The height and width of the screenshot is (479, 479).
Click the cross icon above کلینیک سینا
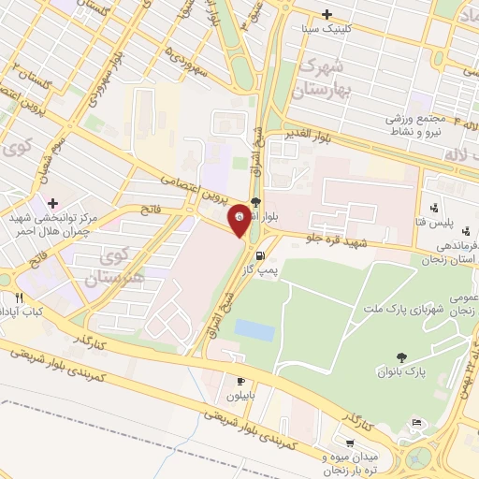326,14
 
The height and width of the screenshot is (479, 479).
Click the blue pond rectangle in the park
254,329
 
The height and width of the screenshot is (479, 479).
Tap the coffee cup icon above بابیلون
240,381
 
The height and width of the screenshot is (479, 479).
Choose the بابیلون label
240,396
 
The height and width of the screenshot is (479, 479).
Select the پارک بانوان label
401,371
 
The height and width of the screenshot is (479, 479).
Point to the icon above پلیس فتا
433,207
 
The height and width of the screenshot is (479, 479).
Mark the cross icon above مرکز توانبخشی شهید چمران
53,203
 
